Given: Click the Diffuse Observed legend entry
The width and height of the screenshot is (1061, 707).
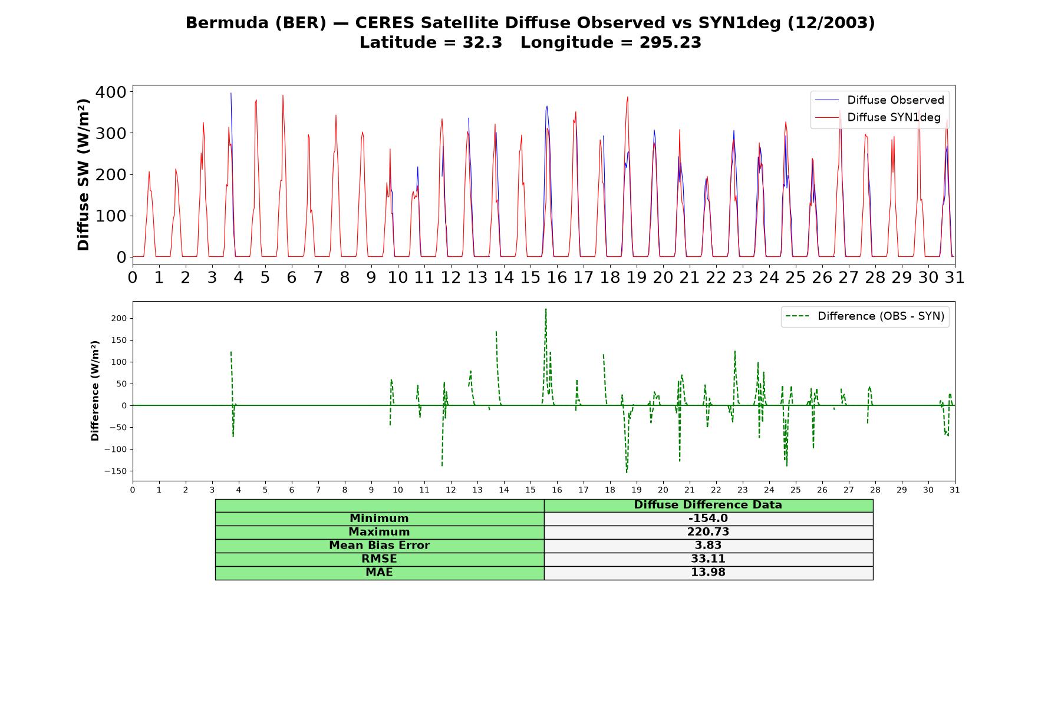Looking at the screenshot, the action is tap(879, 100).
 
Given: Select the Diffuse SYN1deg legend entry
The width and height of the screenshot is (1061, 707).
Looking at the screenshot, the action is tap(878, 117).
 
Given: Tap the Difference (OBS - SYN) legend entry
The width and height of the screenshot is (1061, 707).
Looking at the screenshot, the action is tap(865, 316).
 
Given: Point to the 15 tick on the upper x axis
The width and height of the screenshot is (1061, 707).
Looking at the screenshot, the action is tap(530, 277).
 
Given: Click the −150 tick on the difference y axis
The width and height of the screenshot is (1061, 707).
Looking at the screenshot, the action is tap(116, 471).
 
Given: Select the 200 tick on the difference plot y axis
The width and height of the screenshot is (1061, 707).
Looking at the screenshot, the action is tap(120, 319).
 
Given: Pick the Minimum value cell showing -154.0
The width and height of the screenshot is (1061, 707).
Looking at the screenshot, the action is tap(708, 518).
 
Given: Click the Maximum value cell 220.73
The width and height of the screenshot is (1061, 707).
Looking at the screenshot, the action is tap(708, 532).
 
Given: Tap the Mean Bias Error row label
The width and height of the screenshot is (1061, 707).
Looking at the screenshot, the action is tap(379, 546).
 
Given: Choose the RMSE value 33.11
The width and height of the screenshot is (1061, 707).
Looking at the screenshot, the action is tap(708, 559).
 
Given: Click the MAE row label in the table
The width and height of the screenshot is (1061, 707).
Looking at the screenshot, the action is tap(379, 573).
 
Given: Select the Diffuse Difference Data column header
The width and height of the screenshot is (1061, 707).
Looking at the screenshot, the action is tap(708, 505).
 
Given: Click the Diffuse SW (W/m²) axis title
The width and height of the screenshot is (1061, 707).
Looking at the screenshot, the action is tap(84, 175).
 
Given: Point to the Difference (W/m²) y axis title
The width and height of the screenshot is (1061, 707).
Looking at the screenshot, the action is tap(95, 391).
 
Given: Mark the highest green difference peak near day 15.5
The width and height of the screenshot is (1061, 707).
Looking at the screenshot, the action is tap(546, 309).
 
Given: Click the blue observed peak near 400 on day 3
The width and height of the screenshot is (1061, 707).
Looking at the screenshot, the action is tap(231, 93).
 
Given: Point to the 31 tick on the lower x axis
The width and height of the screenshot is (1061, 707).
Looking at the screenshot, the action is tap(955, 490).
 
